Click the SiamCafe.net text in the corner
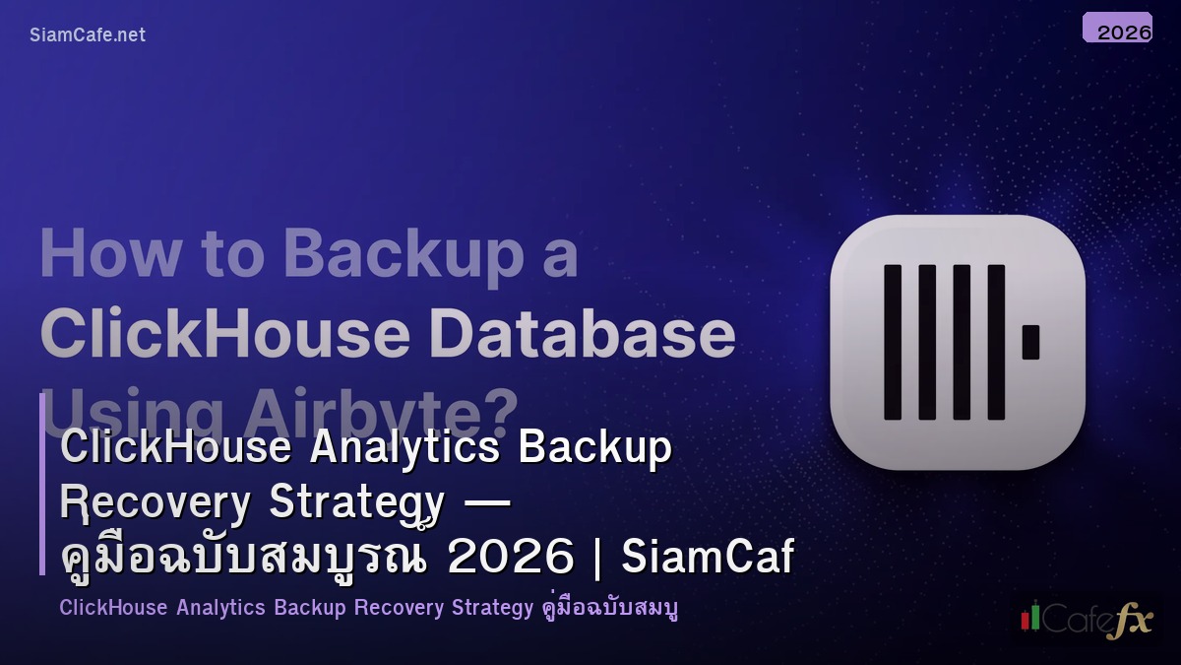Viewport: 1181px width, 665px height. [x=88, y=34]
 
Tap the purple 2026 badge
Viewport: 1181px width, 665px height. [x=1117, y=28]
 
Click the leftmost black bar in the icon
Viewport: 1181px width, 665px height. [x=893, y=342]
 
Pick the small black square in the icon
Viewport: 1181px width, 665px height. [x=1030, y=342]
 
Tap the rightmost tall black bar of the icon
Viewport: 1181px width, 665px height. [x=996, y=342]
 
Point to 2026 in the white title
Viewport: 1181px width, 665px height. [x=510, y=558]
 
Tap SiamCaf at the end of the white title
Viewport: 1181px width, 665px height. [x=708, y=558]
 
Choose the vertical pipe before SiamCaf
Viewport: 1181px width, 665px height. [x=598, y=558]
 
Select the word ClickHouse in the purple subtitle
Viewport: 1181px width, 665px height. [x=113, y=607]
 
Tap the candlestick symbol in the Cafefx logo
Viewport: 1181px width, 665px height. [x=1030, y=618]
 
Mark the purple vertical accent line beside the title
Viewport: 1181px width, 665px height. [x=42, y=484]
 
